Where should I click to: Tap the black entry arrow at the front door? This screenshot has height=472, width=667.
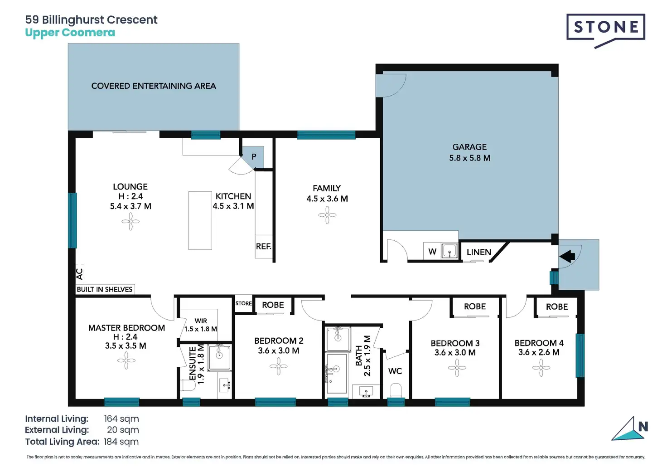click(567, 256)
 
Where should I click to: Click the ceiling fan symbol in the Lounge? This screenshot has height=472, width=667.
click(130, 221)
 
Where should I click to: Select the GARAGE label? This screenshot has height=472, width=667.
click(469, 147)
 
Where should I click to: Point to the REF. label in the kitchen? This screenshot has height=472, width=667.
click(264, 247)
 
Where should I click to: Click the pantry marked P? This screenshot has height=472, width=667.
click(254, 157)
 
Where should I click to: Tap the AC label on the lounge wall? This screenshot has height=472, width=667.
click(79, 274)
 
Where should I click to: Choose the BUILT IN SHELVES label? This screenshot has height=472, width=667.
click(105, 289)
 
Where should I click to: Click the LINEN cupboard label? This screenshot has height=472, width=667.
click(479, 253)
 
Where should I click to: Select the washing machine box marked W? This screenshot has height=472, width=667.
click(432, 252)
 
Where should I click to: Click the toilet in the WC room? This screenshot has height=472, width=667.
click(396, 390)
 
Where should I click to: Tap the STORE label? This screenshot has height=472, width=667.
click(244, 303)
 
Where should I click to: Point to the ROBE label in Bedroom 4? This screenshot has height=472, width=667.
click(557, 307)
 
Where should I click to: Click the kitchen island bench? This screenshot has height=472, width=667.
click(200, 220)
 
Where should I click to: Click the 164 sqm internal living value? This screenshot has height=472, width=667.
click(121, 418)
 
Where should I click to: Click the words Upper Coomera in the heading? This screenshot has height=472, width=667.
click(70, 33)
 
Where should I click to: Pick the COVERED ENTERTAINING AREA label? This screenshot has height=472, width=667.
click(154, 86)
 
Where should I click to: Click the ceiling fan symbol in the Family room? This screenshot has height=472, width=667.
click(327, 215)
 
